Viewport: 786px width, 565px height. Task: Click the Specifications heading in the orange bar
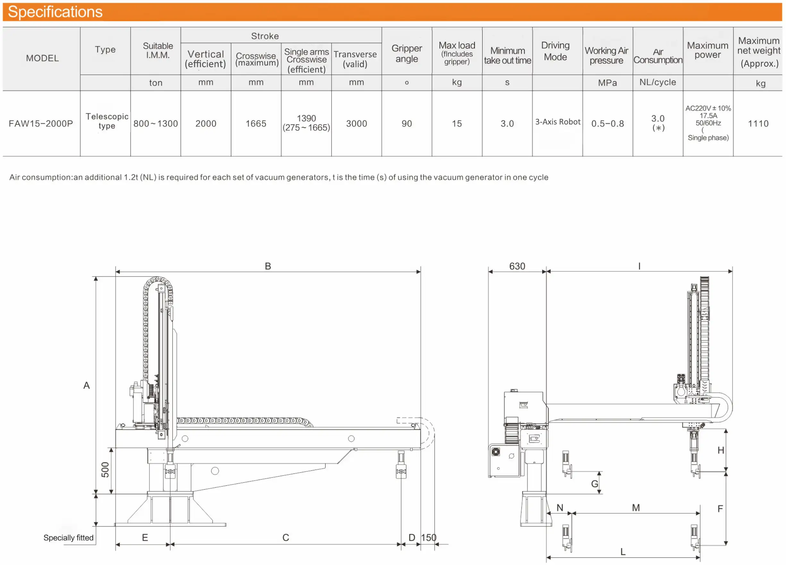point(55,12)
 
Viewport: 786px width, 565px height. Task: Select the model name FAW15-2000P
point(41,124)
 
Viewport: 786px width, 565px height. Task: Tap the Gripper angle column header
point(407,53)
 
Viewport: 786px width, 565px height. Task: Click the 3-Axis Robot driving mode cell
point(557,122)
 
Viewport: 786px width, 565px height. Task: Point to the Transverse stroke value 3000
point(356,124)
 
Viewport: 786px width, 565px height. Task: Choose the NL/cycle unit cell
point(657,82)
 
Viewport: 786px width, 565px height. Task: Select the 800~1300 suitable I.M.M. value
point(156,124)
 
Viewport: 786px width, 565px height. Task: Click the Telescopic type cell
point(107,121)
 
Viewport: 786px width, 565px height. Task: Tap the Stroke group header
point(265,36)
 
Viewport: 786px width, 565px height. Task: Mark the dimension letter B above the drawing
point(268,266)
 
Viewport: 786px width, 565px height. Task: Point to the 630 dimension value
point(517,266)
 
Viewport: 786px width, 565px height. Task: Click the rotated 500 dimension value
point(105,470)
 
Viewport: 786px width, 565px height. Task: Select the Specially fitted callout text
point(68,538)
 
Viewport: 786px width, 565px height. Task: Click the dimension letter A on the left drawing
point(87,385)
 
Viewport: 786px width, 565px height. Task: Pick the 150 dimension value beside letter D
point(429,538)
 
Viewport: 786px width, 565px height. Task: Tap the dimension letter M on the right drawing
point(636,508)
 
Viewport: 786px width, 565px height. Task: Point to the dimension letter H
point(721,450)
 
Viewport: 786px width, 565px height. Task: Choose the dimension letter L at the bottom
point(623,552)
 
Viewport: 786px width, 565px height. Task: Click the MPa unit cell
point(607,83)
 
